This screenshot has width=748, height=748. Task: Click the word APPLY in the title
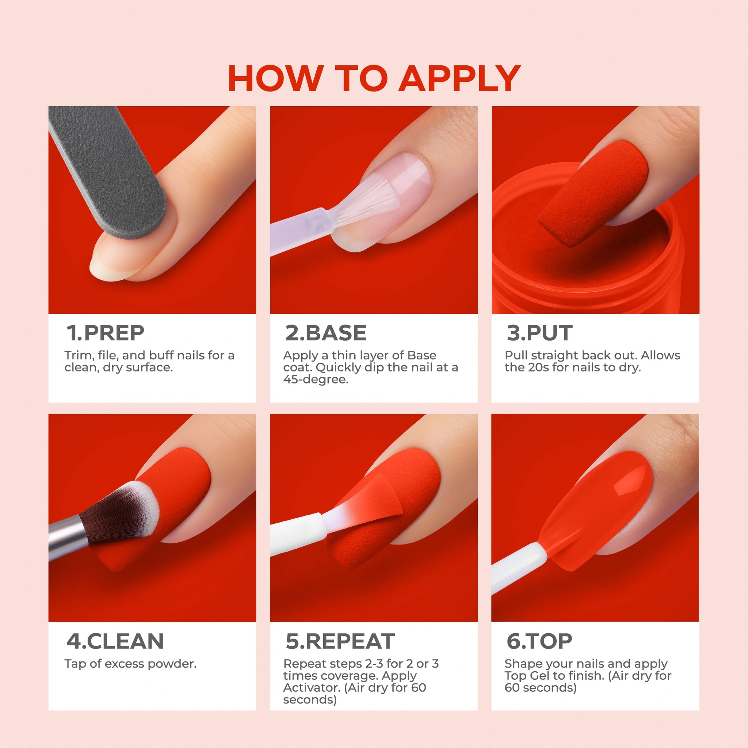pos(459,78)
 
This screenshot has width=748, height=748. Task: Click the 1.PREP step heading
pos(105,333)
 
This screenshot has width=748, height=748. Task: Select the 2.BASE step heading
pos(325,333)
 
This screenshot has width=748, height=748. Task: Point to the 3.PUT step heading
pos(539,333)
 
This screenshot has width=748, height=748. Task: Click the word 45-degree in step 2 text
pos(316,380)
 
